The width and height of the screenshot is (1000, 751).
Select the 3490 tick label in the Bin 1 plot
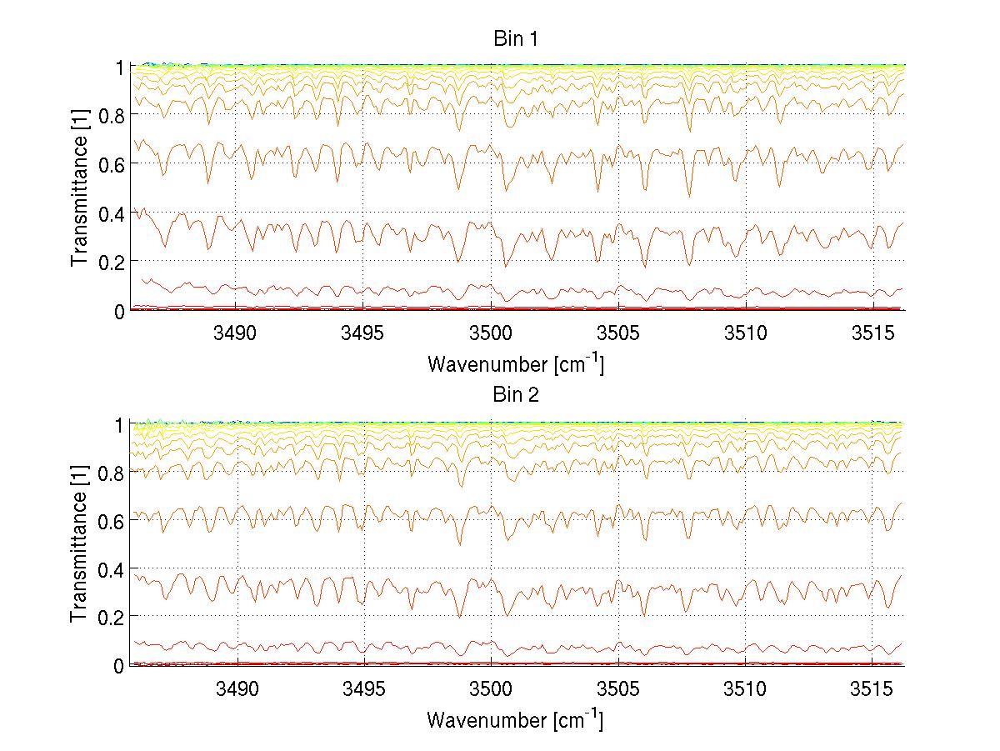237,333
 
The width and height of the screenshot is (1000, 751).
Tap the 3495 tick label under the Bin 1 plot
363,333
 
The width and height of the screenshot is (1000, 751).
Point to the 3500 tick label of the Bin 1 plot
490,333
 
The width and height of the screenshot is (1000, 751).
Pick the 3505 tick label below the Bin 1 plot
617,333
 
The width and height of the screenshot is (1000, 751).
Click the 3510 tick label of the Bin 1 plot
744,333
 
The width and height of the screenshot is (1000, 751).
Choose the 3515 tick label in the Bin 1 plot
872,333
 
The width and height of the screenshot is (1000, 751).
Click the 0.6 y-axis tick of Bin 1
111,163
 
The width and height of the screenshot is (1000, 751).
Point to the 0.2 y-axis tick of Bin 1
111,261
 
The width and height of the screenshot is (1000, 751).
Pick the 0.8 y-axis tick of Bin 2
111,473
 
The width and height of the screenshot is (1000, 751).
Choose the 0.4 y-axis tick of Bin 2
111,568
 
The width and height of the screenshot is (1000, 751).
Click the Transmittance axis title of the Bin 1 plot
80,188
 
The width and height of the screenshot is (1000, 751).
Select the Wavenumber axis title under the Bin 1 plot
515,364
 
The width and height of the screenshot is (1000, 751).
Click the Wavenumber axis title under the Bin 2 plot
515,719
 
